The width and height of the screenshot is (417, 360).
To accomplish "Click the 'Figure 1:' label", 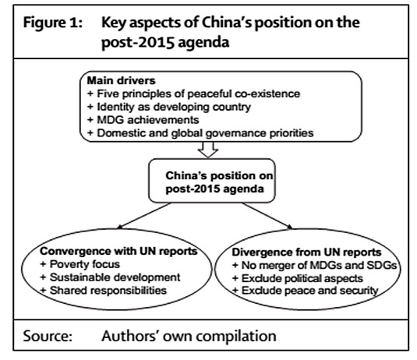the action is (53, 23).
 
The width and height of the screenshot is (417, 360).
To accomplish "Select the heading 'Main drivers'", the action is (122, 80).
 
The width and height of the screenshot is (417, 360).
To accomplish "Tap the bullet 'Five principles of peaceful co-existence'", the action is (193, 94).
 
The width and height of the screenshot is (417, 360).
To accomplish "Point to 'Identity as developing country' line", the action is (169, 107).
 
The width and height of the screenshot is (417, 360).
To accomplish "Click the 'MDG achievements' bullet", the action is (143, 120).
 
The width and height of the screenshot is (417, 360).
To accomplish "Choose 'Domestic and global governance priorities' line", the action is (200, 133).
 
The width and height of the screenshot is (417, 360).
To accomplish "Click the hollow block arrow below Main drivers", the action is (208, 150).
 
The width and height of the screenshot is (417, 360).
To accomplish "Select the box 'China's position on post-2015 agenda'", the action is (212, 181).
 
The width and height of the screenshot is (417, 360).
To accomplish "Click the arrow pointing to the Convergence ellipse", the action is (144, 216).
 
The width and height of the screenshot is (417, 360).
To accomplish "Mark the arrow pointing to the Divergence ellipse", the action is (267, 216).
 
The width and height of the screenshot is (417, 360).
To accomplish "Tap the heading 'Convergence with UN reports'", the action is (119, 251).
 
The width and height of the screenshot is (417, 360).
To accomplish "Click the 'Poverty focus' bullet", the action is (80, 264).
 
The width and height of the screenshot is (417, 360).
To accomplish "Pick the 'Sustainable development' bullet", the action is (110, 277).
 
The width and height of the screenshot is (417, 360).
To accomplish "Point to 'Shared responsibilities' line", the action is (103, 291).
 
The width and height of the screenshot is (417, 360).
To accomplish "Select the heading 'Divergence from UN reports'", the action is (306, 252).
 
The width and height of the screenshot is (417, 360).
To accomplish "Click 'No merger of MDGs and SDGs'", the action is (315, 265).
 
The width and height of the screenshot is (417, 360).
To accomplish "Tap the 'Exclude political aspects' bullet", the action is (298, 278).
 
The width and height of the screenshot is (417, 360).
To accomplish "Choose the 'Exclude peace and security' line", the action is (306, 291).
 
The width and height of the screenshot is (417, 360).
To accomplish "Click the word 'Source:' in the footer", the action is (48, 336).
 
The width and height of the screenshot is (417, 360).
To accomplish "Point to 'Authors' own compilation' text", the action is (189, 336).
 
